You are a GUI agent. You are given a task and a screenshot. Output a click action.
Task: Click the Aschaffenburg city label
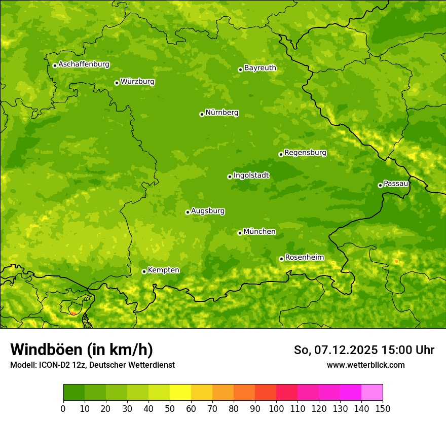pos(84,64)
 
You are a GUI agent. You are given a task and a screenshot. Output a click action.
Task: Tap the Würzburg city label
pos(137,82)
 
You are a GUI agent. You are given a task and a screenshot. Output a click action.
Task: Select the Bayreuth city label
pos(260,68)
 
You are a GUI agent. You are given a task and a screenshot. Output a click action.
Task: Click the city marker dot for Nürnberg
pos(202,114)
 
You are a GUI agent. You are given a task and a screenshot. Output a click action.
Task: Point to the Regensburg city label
pos(305,153)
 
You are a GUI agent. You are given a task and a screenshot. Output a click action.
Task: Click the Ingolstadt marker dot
pos(230,177)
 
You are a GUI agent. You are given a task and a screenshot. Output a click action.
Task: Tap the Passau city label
pos(396,184)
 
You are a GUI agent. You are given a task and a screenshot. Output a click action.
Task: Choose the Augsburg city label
pos(208,211)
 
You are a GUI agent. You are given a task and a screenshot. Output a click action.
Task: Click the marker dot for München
pos(240,233)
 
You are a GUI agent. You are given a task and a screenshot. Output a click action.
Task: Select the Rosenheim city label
pos(304,258)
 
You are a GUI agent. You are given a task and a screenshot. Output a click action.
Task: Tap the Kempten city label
pos(163,270)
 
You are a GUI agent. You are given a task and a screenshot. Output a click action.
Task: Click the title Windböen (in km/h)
pos(82,349)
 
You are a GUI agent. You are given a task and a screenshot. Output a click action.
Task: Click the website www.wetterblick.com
pos(365,365)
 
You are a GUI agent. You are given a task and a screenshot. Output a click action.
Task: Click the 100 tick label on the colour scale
pos(276,408)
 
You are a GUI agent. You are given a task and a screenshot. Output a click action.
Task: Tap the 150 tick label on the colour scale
pos(383,408)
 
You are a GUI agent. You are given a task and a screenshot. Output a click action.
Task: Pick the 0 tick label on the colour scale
pos(63,408)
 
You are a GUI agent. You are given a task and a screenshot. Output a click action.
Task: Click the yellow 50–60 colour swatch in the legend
pos(180,393)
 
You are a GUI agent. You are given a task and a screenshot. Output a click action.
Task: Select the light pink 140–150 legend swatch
pos(372,393)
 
